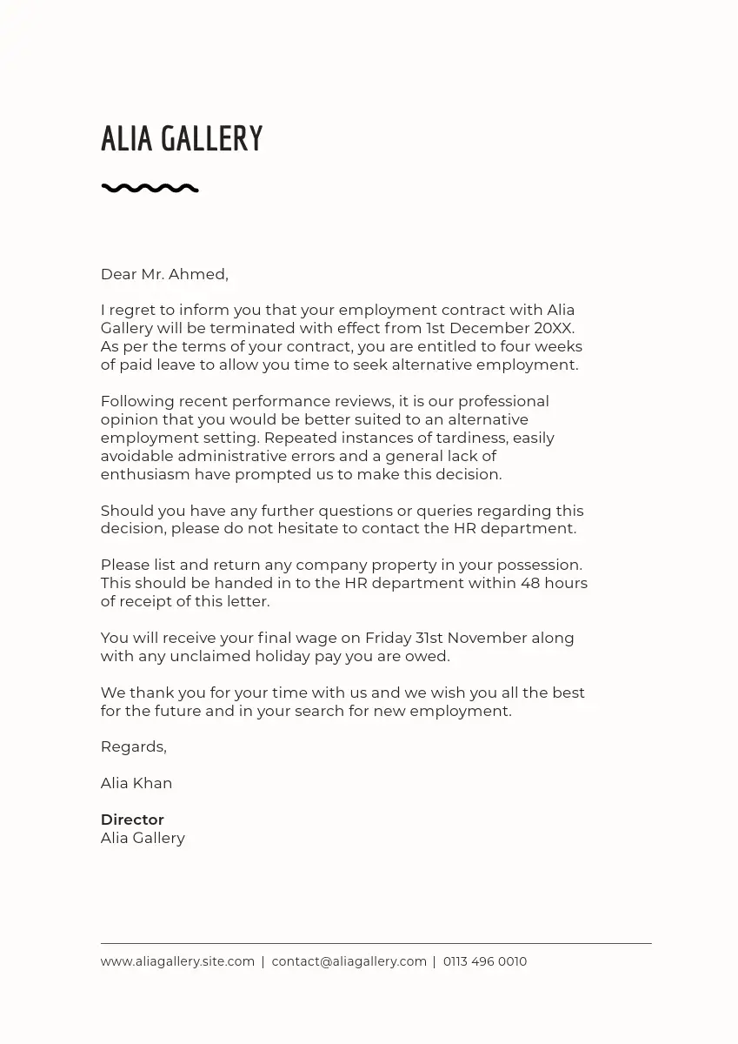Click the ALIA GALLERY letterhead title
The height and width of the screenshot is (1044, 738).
pyautogui.click(x=182, y=139)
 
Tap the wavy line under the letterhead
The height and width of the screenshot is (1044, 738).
pyautogui.click(x=150, y=188)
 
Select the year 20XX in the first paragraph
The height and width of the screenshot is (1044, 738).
pyautogui.click(x=554, y=328)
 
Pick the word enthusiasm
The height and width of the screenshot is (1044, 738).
pyautogui.click(x=144, y=474)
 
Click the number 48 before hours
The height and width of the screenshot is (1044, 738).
pyautogui.click(x=530, y=583)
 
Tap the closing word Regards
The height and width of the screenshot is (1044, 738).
pyautogui.click(x=132, y=746)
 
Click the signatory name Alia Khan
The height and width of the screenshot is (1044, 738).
pyautogui.click(x=136, y=783)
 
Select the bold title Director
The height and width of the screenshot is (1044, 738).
pyautogui.click(x=132, y=820)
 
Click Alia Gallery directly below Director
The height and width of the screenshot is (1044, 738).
pyautogui.click(x=143, y=838)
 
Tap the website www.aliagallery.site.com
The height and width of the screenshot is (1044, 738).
pyautogui.click(x=177, y=961)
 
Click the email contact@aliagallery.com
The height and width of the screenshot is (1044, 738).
pyautogui.click(x=349, y=961)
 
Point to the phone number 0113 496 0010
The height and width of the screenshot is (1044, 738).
pyautogui.click(x=485, y=961)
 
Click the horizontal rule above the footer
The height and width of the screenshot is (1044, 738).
pyautogui.click(x=376, y=943)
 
